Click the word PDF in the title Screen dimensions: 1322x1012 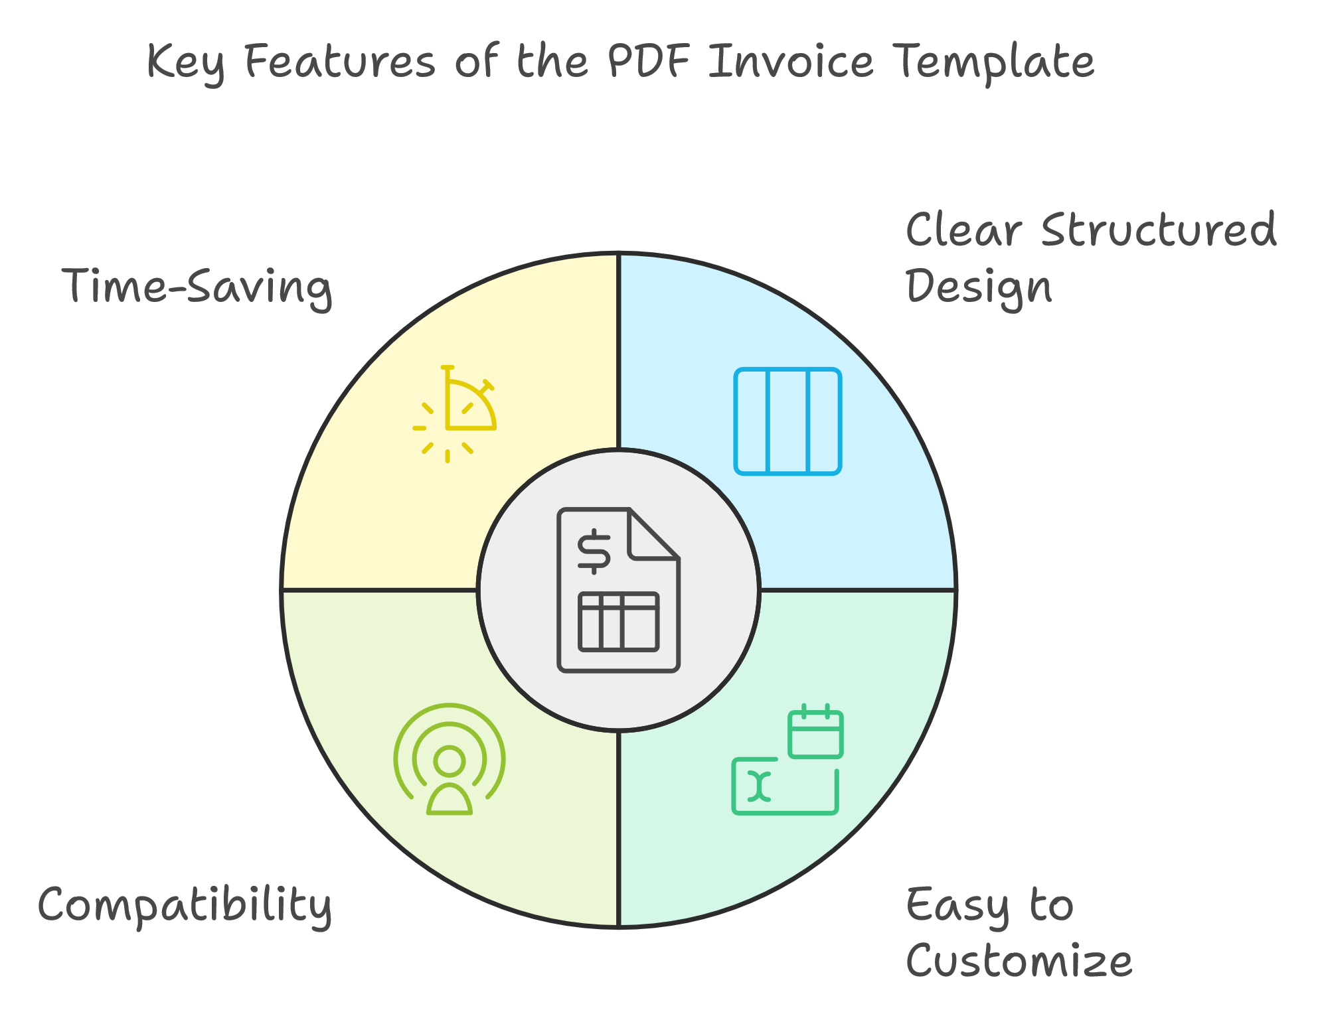648,62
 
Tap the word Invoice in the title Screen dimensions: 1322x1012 791,62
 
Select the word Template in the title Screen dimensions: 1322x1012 993,64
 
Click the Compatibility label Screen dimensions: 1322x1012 185,906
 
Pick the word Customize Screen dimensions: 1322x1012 1019,961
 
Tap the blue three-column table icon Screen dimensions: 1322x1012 788,421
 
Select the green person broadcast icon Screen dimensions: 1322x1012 450,759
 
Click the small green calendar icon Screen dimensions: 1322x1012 815,731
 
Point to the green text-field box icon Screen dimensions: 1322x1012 785,786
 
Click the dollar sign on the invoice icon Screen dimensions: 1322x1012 594,551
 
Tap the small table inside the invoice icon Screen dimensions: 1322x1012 619,622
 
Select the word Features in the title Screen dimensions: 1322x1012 340,62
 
